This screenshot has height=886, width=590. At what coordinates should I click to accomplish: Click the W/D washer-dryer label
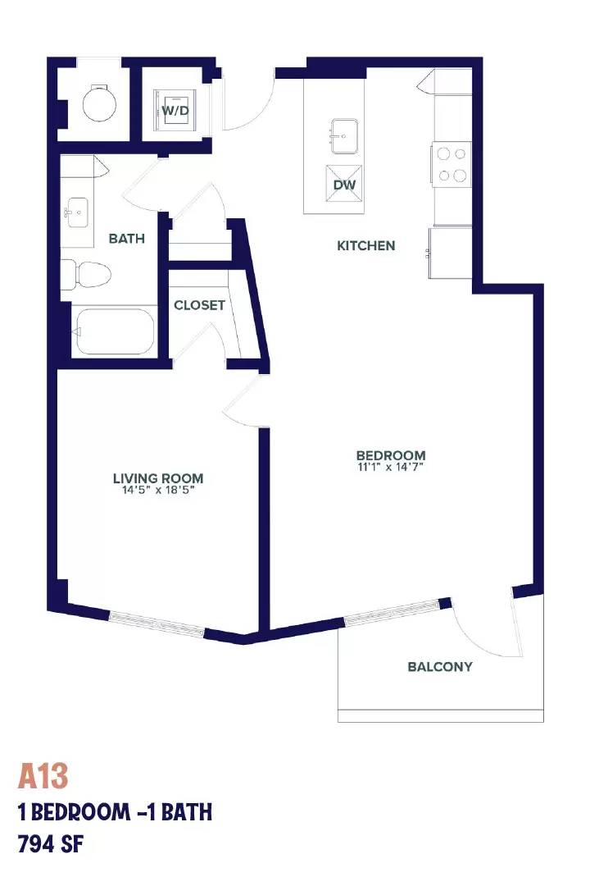pyautogui.click(x=175, y=111)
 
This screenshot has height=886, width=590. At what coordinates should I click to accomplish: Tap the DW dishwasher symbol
pyautogui.click(x=344, y=185)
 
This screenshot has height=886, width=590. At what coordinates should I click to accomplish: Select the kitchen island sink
pyautogui.click(x=344, y=135)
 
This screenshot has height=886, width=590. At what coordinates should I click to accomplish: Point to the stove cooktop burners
pyautogui.click(x=452, y=164)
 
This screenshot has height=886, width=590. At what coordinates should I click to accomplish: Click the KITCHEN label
pyautogui.click(x=365, y=246)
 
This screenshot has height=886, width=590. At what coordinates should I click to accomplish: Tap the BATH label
pyautogui.click(x=126, y=239)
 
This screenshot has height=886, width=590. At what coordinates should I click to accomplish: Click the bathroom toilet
pyautogui.click(x=85, y=274)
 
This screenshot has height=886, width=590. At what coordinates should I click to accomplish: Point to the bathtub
pyautogui.click(x=114, y=331)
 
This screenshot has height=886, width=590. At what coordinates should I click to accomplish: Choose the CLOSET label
pyautogui.click(x=199, y=305)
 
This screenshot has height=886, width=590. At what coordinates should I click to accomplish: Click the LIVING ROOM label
pyautogui.click(x=158, y=478)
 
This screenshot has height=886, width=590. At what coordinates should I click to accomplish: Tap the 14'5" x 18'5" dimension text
pyautogui.click(x=158, y=491)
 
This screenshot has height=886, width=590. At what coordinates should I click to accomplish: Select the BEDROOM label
pyautogui.click(x=391, y=454)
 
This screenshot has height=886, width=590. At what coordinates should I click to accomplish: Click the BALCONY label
pyautogui.click(x=440, y=667)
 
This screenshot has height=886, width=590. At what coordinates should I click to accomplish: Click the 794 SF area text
pyautogui.click(x=51, y=844)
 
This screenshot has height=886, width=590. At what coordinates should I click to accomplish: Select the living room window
pyautogui.click(x=157, y=624)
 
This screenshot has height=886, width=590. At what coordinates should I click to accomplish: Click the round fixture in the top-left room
pyautogui.click(x=99, y=103)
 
